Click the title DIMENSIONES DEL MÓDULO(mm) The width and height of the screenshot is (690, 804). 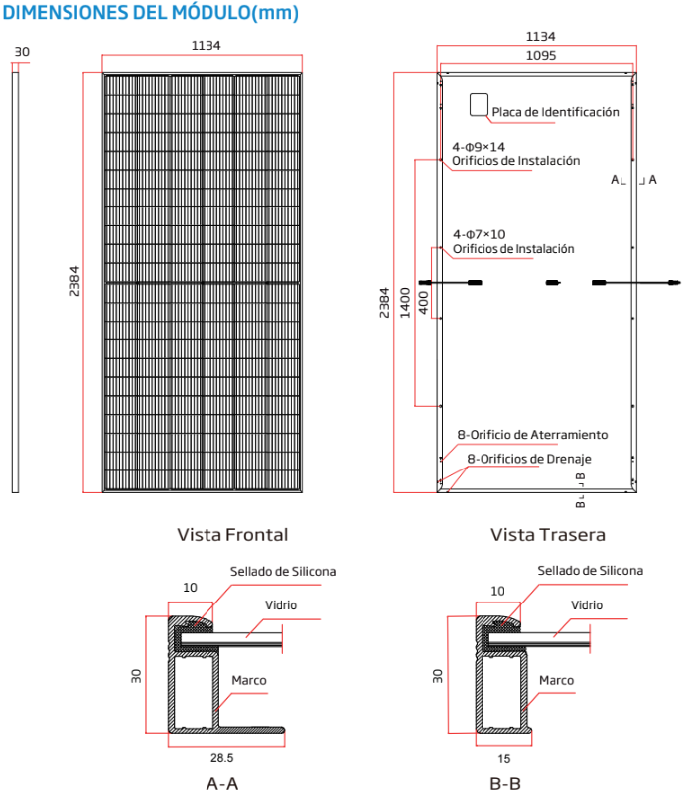pos(150,13)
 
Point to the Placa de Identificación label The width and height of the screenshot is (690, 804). pos(555,113)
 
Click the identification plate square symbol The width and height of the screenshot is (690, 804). pos(479,106)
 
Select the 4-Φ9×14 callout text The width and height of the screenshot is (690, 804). pos(479,147)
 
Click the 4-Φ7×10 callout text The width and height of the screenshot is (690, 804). pos(479,234)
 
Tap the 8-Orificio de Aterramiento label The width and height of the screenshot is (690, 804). pos(532,435)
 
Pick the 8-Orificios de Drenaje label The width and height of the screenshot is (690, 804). pos(528,459)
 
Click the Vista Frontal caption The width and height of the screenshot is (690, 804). pos(232,535)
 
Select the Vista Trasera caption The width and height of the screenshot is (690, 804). pos(548,535)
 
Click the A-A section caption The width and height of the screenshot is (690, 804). pos(222,783)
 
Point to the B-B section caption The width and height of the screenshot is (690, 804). pos(505,783)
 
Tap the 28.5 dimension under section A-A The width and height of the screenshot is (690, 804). pos(222,755)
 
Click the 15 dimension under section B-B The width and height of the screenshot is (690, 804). pos(505,755)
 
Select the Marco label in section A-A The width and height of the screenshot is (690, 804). pos(248,681)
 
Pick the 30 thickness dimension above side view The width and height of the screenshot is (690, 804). pos(23,51)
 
